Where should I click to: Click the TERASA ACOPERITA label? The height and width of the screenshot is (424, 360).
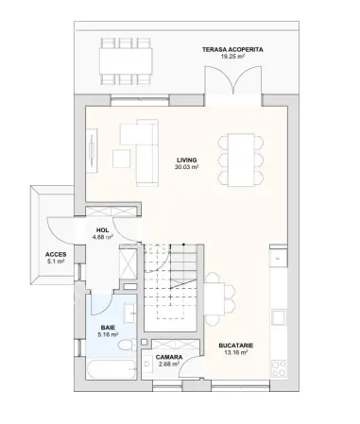(232, 49)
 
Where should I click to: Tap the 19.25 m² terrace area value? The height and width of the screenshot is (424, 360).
(232, 57)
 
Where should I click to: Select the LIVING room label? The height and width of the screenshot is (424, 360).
(186, 161)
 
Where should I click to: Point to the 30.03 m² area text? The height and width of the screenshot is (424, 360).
(186, 167)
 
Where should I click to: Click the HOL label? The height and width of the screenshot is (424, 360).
(103, 230)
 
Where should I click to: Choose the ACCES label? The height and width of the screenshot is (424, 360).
(56, 254)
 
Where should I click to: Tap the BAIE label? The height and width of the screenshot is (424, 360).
(108, 328)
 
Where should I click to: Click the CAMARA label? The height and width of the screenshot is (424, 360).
(169, 357)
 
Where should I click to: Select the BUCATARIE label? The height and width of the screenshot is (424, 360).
(236, 346)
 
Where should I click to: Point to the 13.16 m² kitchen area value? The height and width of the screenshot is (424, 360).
(236, 352)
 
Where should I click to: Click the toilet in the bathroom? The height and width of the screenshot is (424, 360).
(128, 345)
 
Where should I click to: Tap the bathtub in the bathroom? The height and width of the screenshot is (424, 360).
(111, 369)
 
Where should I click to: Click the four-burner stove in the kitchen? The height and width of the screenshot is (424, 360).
(279, 368)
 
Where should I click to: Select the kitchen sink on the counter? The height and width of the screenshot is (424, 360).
(279, 317)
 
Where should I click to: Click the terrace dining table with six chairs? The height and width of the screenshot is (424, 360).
(126, 61)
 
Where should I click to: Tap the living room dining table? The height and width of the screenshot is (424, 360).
(241, 160)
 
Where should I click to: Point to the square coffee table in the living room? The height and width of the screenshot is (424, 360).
(122, 159)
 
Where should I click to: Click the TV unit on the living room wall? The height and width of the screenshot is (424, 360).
(92, 150)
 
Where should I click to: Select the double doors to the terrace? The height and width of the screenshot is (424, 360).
(233, 80)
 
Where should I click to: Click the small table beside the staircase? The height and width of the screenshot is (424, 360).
(214, 298)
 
